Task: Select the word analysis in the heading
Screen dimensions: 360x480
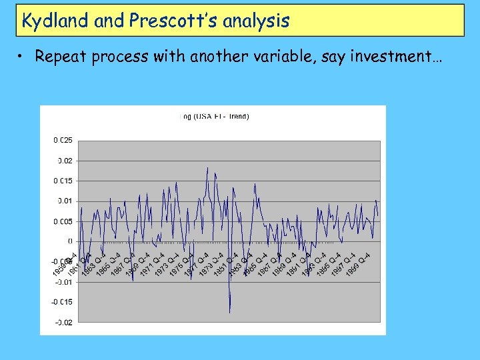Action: (x=257, y=21)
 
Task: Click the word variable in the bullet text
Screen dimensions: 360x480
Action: (x=283, y=57)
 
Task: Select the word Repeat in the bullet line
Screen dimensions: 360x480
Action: (x=59, y=57)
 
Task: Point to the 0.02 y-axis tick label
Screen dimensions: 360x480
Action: (x=65, y=161)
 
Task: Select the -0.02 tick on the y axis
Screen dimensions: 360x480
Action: (x=63, y=323)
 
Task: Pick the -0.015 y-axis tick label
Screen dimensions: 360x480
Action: (x=63, y=302)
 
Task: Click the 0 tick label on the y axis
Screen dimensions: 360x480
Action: (x=70, y=241)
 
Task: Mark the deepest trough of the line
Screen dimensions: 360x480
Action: (x=230, y=312)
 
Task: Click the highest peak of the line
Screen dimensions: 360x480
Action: (x=207, y=168)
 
